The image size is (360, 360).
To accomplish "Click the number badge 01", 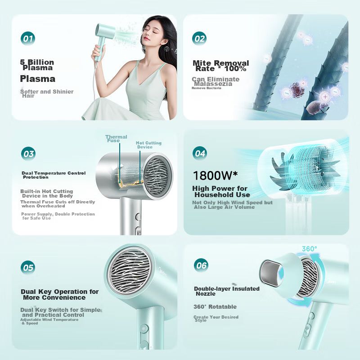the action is coord(28,39).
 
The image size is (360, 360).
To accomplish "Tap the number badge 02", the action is coord(199,39).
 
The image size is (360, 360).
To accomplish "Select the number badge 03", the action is coord(28,154).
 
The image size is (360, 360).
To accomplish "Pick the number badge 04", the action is coord(200,153).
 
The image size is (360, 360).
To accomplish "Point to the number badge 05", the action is coord(28,267).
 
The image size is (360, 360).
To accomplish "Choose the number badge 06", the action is coord(201,265).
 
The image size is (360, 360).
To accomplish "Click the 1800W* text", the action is coord(216,175).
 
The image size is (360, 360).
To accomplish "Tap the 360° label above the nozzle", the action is coord(309,249).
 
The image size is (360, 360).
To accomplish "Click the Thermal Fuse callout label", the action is coord(116,139).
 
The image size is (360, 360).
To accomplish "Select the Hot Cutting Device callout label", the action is coord(148,145).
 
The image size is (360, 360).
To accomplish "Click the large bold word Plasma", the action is coord(38,79).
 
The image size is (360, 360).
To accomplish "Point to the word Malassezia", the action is coord(213,84).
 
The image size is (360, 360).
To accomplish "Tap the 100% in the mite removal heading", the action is coord(235,68).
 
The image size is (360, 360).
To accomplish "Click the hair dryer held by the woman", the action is coord(103,41).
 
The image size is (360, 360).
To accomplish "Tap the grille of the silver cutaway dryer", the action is coord(157,175).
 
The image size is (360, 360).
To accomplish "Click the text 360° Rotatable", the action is coord(215,307).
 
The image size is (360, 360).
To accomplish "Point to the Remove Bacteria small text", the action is coord(207,88).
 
